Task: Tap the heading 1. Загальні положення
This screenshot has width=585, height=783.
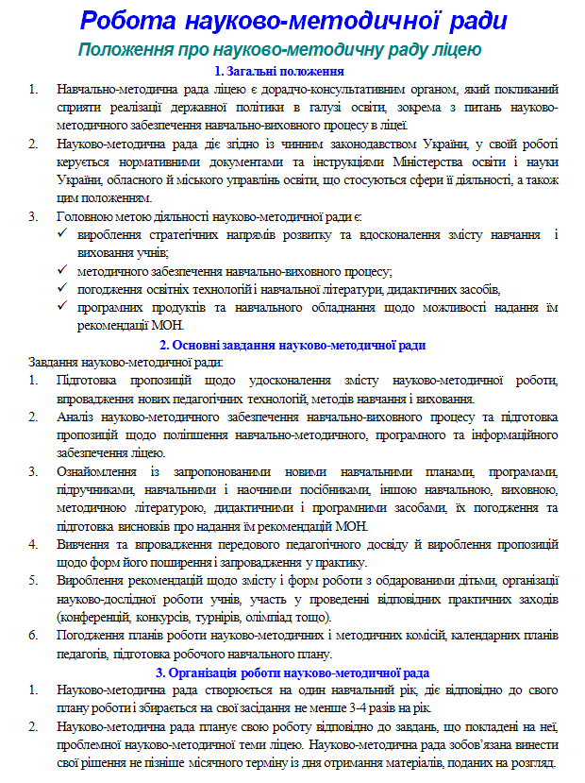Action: coord(278,71)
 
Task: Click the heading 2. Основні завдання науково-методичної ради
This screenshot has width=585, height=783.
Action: coord(292,345)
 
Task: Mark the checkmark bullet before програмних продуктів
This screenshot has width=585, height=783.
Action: coord(63,307)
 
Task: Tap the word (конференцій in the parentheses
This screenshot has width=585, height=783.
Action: coord(95,617)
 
